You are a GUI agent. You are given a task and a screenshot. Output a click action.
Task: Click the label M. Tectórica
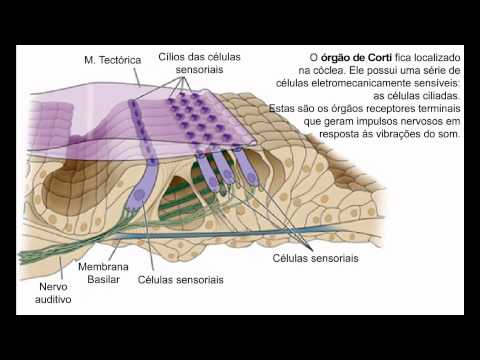click(113, 60)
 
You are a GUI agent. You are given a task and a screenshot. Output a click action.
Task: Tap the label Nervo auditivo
click(53, 293)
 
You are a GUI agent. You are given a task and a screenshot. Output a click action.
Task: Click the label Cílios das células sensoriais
click(199, 63)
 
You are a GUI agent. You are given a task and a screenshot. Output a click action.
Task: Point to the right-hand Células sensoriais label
click(315, 258)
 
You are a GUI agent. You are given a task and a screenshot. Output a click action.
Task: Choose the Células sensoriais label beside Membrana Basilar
click(180, 280)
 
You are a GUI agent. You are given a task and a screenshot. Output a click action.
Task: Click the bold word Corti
click(380, 57)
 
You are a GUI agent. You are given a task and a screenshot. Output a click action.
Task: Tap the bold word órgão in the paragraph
click(336, 58)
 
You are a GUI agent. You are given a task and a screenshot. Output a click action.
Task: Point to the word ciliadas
click(442, 96)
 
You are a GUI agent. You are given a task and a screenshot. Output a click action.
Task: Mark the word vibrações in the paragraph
click(400, 134)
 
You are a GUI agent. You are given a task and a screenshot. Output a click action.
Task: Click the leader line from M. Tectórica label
click(137, 77)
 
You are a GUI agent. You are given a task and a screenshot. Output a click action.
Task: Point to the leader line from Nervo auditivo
click(61, 269)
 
